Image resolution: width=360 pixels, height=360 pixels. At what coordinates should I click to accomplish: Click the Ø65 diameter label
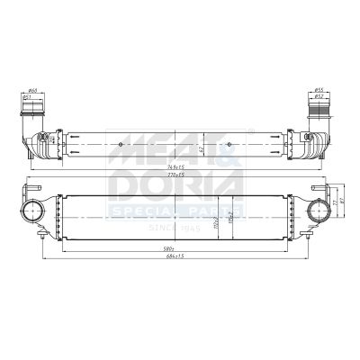[33, 91]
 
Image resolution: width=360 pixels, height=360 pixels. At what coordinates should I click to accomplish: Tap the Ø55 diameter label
[319, 90]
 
